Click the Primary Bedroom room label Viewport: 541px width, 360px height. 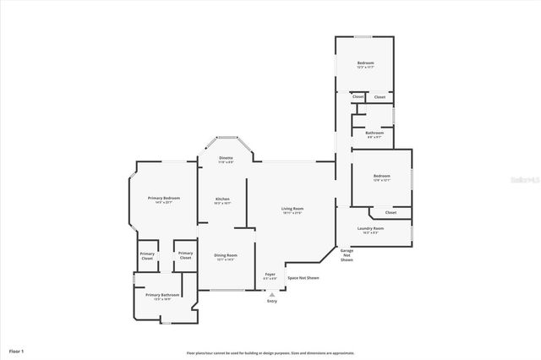tap(158, 198)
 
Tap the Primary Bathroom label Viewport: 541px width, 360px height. tap(163, 295)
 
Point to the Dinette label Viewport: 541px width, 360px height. tap(226, 158)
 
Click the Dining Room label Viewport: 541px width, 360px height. tap(225, 255)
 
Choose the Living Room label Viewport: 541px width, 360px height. tap(292, 208)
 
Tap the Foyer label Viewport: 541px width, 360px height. tap(270, 275)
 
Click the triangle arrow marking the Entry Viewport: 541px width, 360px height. tap(271, 293)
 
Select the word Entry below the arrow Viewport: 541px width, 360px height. tap(271, 301)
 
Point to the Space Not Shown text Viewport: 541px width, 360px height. tap(303, 278)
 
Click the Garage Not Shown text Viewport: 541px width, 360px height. tap(347, 255)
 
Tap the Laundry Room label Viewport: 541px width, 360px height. tap(371, 228)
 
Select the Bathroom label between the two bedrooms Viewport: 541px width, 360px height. tap(374, 132)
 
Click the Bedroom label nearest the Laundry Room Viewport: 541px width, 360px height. tap(381, 176)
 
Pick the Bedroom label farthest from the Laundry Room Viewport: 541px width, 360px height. tap(365, 63)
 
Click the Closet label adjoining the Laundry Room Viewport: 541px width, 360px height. tap(391, 212)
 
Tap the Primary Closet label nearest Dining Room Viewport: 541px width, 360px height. tap(185, 255)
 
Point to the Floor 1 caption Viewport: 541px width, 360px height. tap(17, 350)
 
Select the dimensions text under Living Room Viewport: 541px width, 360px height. tap(292, 213)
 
